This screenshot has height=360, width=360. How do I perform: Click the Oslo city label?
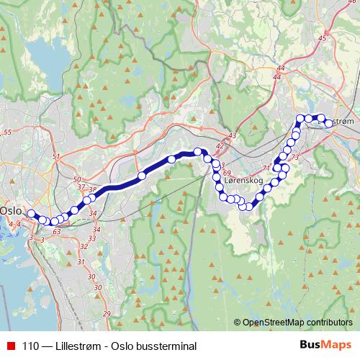pos(11,210)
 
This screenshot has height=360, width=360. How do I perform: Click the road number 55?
pos(8,133)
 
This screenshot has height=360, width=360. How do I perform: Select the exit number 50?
pos(77,179)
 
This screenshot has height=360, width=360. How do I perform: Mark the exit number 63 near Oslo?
pos(57,232)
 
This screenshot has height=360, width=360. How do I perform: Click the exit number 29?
pos(107,313)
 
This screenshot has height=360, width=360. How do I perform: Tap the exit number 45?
pos(322,37)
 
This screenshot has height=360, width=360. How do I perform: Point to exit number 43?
pos(231,135)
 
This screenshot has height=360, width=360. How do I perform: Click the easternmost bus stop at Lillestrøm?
pos(329,123)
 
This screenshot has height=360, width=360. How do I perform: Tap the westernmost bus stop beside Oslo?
pos(31,213)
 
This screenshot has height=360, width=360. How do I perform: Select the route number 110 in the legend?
pos(31,346)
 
